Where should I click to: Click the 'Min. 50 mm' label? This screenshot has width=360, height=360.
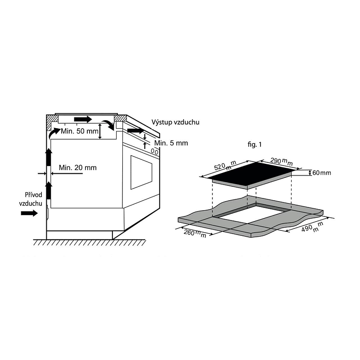(x=80, y=131)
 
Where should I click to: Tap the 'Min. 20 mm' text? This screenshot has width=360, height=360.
(x=77, y=167)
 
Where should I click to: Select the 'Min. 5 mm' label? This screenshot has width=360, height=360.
(x=171, y=143)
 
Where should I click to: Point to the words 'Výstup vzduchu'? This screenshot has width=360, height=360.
(x=175, y=122)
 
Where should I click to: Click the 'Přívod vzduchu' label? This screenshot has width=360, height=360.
(x=31, y=199)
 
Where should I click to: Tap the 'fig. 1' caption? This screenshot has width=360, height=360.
(x=255, y=144)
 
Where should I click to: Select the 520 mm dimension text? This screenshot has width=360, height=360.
(x=225, y=166)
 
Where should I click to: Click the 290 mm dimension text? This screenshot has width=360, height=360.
(x=282, y=162)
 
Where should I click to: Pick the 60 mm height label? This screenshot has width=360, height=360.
(x=322, y=173)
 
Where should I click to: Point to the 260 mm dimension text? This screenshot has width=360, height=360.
(x=195, y=234)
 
